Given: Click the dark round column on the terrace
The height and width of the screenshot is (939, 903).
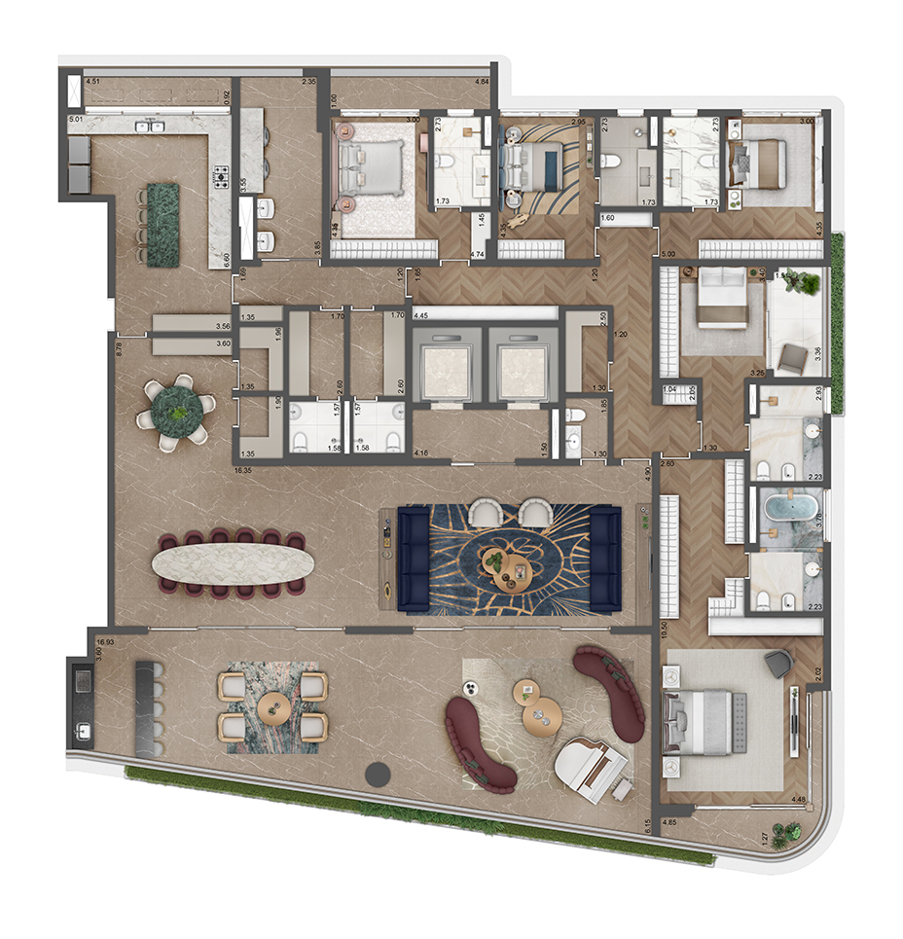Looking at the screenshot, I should [x=377, y=775].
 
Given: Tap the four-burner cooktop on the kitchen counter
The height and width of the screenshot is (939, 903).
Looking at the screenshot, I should [x=221, y=178].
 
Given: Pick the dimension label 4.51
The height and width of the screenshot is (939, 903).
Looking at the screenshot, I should [x=93, y=83].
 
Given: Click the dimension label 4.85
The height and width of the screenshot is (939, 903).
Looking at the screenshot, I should [x=669, y=823].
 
